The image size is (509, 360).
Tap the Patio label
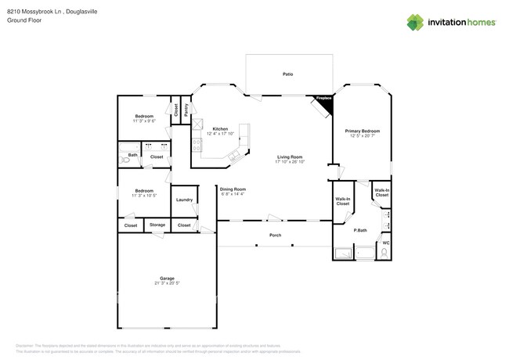(x=287, y=74)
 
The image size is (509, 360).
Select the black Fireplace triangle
(x=324, y=99)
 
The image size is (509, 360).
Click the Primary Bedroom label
(x=363, y=131)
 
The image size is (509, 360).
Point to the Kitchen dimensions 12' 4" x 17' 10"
(x=220, y=134)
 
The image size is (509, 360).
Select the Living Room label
(x=290, y=157)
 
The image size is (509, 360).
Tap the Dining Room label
(x=233, y=189)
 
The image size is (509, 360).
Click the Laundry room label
(x=184, y=200)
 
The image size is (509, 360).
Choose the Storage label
(x=157, y=225)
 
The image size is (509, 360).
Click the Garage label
(x=167, y=278)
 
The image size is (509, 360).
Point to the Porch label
(x=275, y=235)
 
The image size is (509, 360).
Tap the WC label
(x=385, y=243)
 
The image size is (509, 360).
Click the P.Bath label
(x=361, y=230)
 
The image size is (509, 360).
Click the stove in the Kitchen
(x=196, y=146)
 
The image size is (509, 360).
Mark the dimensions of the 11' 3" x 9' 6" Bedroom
(x=144, y=121)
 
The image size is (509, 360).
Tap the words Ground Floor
(x=24, y=21)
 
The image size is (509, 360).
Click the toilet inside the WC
(x=384, y=253)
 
